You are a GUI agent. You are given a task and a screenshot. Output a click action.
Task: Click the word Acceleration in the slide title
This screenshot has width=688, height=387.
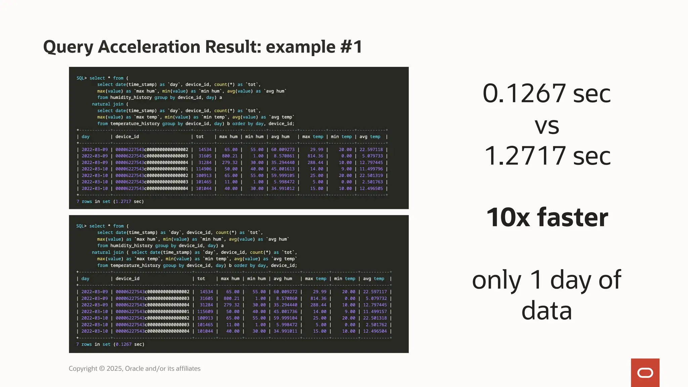click(149, 47)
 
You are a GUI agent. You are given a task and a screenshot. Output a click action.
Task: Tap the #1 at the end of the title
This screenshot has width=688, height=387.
click(351, 47)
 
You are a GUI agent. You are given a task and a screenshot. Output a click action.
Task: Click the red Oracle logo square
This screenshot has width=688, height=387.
click(645, 373)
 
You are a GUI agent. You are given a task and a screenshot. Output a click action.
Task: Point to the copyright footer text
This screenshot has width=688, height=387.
click(134, 369)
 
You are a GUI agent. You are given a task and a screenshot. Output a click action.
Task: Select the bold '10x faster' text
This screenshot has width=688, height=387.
click(547, 217)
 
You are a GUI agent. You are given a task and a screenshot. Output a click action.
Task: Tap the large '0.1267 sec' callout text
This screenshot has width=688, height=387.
click(547, 93)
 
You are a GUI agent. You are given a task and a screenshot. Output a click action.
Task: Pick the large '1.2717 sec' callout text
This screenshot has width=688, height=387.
click(547, 156)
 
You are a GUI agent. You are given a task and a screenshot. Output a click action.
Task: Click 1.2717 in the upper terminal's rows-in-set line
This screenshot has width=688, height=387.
click(123, 202)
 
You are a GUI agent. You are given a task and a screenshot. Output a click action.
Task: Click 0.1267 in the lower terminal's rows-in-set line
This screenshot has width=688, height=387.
click(123, 344)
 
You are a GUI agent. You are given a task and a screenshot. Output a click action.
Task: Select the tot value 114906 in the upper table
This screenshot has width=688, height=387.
click(204, 169)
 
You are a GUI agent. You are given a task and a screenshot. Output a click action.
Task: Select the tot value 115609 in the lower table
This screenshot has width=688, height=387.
click(205, 311)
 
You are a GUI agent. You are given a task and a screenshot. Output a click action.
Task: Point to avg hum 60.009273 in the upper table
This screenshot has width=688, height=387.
click(283, 149)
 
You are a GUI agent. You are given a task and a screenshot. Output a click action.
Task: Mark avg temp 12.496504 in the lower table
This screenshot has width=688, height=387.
click(375, 331)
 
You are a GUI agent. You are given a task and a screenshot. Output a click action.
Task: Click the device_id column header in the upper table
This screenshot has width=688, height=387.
click(127, 137)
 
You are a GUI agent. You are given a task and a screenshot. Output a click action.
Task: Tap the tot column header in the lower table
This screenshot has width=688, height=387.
click(201, 278)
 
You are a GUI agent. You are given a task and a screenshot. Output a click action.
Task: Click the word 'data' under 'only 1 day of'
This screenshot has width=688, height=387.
click(547, 311)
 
